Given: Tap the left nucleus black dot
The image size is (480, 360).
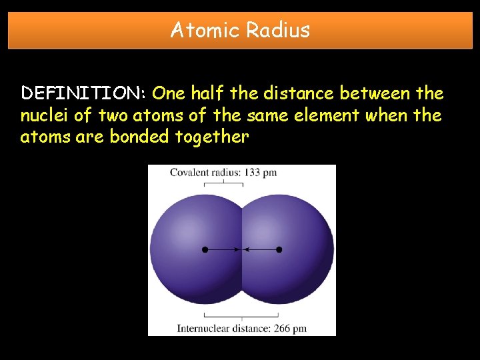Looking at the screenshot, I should click(x=205, y=249).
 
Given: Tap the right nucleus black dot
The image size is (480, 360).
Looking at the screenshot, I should click(x=279, y=249).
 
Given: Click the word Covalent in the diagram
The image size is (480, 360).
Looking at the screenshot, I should click(x=189, y=173).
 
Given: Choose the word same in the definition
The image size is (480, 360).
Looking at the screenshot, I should click(x=265, y=115).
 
